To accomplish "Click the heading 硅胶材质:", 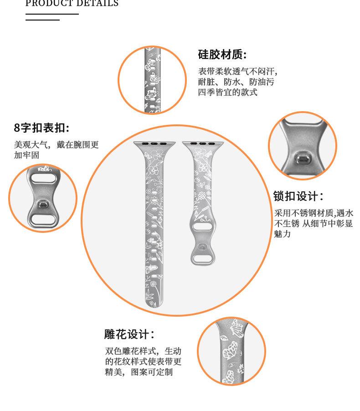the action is coord(222,55).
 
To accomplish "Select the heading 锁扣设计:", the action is coord(298,196).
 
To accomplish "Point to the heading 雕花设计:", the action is coord(129,334).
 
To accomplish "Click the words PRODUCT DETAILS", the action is coord(72,4).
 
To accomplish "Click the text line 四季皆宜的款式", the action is coord(227,92).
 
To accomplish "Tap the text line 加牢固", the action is coord(26,155).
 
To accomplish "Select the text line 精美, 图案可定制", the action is coord(139,372).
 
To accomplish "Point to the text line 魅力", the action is coord(282,234).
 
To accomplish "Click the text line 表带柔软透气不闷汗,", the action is coord(237,72).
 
